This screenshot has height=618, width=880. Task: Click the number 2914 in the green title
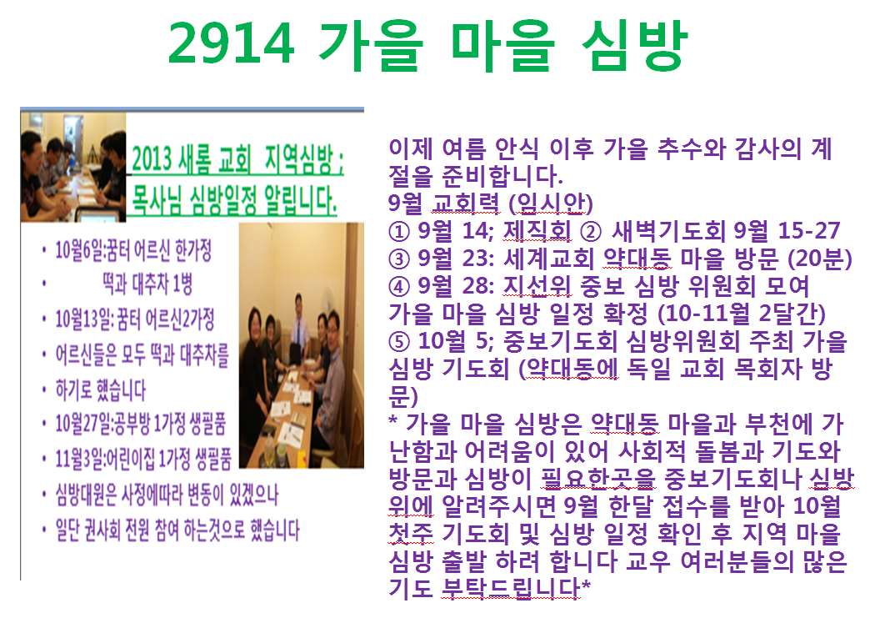(231, 44)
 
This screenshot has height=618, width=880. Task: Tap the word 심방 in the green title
(635, 44)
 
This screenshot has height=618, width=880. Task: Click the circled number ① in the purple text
(399, 232)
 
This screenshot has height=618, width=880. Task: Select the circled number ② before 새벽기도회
(590, 232)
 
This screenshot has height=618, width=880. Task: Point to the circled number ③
(399, 259)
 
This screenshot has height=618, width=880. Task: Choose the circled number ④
(399, 287)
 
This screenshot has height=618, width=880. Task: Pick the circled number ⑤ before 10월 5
(399, 342)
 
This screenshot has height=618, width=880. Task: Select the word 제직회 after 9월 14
(537, 231)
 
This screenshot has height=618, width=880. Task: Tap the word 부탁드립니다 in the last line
(511, 588)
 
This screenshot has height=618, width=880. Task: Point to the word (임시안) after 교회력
(551, 203)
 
